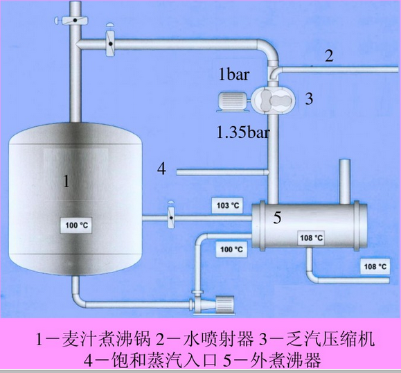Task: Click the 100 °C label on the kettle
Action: point(76,225)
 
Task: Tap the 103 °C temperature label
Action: point(228,205)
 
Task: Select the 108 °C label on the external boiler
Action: point(311,238)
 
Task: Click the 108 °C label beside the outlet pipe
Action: point(375,266)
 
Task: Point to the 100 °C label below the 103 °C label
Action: point(231,249)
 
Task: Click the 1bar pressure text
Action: point(234,74)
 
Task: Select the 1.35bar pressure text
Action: point(243,132)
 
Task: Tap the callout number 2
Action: point(329,55)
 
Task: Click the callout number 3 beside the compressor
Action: point(309,99)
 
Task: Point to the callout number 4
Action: point(161,169)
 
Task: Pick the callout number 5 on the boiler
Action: point(277,218)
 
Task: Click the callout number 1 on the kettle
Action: point(66,181)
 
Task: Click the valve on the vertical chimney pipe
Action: point(72,20)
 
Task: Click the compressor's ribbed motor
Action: point(233,102)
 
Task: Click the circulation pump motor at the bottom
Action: point(224,304)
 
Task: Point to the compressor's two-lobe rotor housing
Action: point(273,100)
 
